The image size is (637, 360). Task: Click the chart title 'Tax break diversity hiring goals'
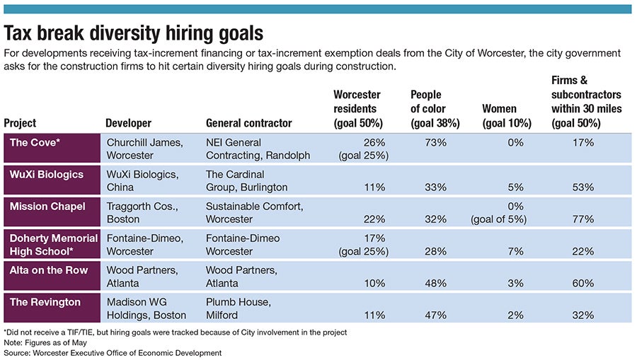coord(134,33)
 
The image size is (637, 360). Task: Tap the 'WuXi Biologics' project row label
coord(47,174)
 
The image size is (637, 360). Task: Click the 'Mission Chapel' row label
coord(47,206)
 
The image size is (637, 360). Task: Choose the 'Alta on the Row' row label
coord(50,269)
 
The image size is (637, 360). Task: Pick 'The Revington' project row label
coord(44,302)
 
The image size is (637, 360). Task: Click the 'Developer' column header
coord(128,123)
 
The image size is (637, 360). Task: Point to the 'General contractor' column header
coord(248,123)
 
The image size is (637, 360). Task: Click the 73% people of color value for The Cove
coord(436,142)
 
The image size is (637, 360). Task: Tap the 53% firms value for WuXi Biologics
coord(583,187)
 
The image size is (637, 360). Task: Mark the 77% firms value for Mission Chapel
coord(583,219)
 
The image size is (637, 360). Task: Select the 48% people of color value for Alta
coord(436,283)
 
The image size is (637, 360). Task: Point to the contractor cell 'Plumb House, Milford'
coord(238,308)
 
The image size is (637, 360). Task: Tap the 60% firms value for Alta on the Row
coord(583,283)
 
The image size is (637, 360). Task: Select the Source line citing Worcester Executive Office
coord(113,352)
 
